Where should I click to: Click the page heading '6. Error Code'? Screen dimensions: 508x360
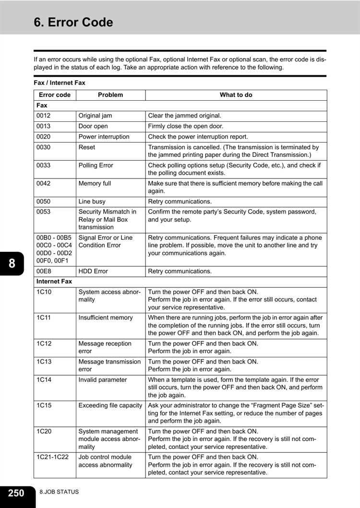coord(73,23)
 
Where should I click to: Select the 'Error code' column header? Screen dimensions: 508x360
coord(54,95)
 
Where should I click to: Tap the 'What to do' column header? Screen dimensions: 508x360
coord(236,95)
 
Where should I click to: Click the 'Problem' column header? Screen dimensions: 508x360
coord(110,95)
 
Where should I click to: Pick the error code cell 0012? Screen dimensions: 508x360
coord(43,116)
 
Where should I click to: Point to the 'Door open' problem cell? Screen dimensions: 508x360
coord(93,126)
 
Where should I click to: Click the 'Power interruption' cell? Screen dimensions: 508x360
coord(104,137)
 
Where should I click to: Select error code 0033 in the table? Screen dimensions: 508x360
coord(43,165)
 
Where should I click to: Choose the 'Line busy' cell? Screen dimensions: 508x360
coord(92,201)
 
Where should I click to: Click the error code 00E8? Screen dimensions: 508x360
coord(44,272)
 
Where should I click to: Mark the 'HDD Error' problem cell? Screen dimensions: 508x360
coord(93,272)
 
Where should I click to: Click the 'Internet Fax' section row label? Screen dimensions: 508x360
coord(54,282)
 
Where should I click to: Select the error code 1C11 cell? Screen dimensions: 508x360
coord(44,318)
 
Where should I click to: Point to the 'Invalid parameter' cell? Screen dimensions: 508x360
coord(103,380)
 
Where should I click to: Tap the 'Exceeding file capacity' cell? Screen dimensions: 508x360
coord(110,406)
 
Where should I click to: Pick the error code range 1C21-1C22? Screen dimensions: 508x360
coord(52,457)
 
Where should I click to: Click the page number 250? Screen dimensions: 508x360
coord(16,493)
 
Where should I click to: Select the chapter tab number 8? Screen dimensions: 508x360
coord(12,263)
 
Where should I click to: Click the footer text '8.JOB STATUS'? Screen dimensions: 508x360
coord(60,492)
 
